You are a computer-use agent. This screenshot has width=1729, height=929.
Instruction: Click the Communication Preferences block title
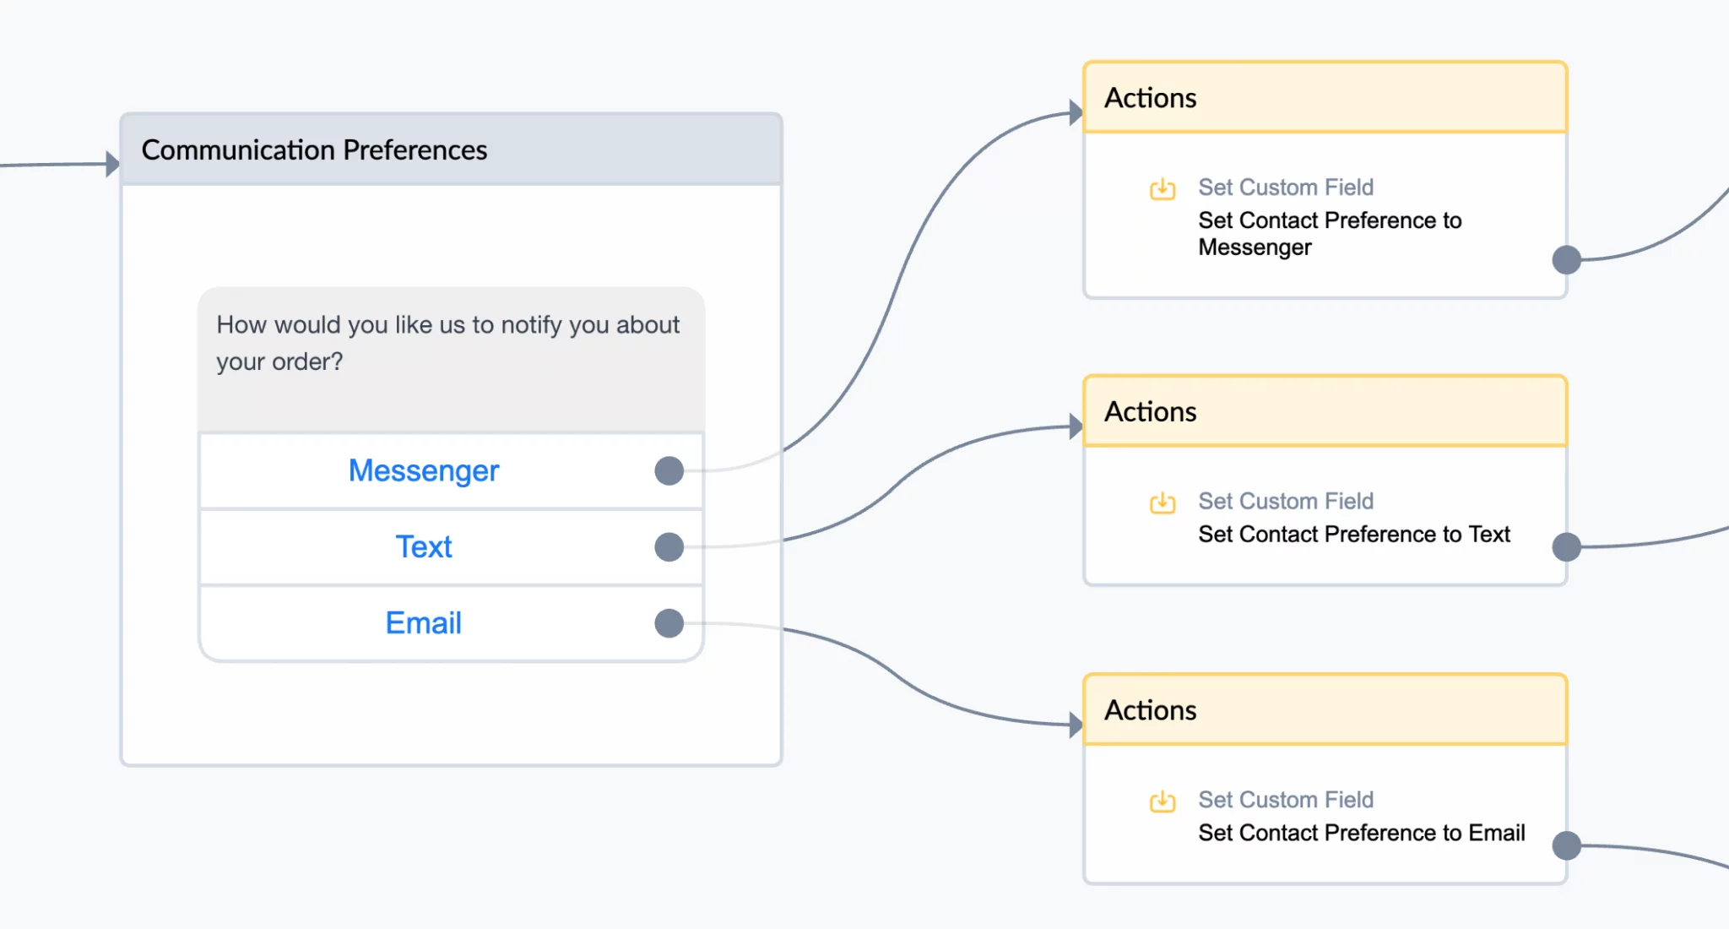click(314, 150)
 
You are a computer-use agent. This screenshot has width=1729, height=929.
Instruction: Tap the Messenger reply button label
click(424, 471)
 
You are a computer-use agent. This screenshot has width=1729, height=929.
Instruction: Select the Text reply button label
click(424, 547)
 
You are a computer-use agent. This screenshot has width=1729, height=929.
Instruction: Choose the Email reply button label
click(424, 623)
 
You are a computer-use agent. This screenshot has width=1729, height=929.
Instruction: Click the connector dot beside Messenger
click(669, 470)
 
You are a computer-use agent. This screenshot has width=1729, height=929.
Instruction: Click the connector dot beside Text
click(669, 546)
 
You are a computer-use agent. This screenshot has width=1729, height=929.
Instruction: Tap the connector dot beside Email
click(669, 623)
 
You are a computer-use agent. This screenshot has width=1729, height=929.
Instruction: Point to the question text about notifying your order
click(448, 343)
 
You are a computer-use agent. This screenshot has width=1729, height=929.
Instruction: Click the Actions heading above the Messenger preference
click(1151, 98)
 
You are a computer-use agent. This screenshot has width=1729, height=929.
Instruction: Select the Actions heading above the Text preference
click(1151, 411)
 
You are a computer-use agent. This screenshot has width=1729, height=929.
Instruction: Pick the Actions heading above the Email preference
click(1151, 710)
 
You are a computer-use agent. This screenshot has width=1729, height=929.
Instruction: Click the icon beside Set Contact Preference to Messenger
click(1163, 188)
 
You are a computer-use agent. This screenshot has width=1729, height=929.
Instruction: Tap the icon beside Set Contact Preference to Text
click(1163, 503)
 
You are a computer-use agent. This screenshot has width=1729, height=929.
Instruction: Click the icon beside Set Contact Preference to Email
click(1163, 801)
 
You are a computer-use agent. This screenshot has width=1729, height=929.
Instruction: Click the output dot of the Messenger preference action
click(1567, 259)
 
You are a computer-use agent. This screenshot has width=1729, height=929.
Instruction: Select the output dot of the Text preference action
click(1567, 546)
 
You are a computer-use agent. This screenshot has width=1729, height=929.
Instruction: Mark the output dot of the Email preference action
click(1567, 845)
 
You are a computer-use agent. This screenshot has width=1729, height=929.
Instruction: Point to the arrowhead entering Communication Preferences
click(113, 164)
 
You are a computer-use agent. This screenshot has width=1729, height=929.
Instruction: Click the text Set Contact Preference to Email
click(1362, 833)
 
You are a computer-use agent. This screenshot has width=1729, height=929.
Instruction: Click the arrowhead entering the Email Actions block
click(1076, 725)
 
